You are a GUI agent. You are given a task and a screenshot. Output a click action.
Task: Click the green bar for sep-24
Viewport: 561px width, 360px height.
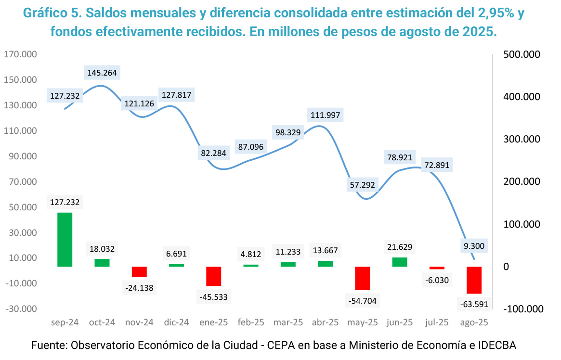[x=65, y=239]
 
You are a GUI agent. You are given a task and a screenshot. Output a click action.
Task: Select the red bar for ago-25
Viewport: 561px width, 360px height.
[x=474, y=280]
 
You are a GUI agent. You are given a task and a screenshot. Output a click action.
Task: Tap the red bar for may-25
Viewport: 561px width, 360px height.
[x=363, y=278]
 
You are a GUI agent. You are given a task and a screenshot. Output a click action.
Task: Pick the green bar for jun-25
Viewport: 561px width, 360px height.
[x=400, y=262]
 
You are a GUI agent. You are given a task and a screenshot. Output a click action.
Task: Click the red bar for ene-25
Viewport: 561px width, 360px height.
[x=214, y=276]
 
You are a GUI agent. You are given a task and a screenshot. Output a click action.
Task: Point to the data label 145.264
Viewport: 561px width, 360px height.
[x=102, y=73]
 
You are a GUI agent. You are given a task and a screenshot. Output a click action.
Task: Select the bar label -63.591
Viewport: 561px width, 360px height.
[x=474, y=305]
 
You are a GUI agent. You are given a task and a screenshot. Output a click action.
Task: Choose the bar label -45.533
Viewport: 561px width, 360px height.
[x=214, y=297]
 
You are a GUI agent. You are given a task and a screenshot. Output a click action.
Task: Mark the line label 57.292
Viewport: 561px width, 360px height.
[x=363, y=184]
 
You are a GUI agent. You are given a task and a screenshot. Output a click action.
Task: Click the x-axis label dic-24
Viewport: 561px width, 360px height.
[x=176, y=322]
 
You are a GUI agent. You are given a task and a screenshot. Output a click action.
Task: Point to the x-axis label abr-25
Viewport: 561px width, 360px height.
[x=325, y=322]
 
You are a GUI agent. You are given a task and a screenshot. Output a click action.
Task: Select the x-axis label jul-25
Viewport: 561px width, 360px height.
[x=437, y=322]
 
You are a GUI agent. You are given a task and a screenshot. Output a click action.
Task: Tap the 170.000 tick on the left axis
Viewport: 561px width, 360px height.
[x=20, y=54]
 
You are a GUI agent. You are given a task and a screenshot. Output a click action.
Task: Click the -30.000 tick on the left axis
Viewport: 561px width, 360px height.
[x=20, y=309]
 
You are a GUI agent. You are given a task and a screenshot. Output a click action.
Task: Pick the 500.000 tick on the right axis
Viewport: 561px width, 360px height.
[x=522, y=54]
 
